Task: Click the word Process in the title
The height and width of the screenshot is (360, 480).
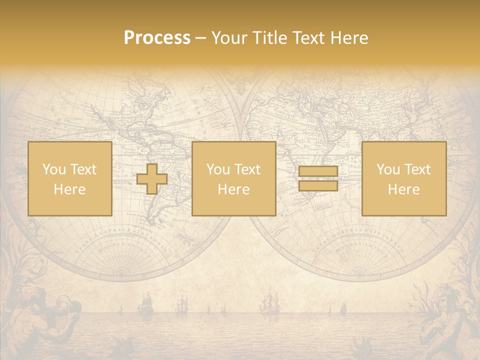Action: click(x=157, y=37)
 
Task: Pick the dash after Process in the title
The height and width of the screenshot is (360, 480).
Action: click(x=201, y=38)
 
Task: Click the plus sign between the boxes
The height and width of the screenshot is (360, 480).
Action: click(x=152, y=179)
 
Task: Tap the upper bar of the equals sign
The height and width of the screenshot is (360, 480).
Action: click(x=318, y=171)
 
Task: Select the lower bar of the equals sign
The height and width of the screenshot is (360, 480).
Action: click(x=318, y=186)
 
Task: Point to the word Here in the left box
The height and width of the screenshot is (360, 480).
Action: click(x=69, y=189)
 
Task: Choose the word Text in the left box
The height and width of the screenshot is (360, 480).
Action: click(x=82, y=169)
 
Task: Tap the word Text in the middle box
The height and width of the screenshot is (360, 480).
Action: click(x=247, y=169)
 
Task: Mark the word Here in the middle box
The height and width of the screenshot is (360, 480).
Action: click(x=233, y=189)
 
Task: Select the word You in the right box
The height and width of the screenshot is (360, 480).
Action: click(x=388, y=169)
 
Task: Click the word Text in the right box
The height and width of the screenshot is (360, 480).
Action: click(x=417, y=169)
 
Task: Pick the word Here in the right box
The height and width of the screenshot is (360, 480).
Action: click(x=403, y=189)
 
